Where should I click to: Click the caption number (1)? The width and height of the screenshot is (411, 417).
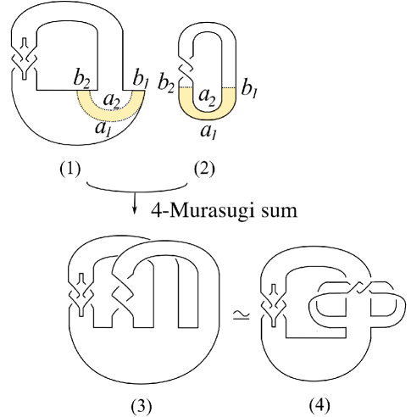click(69, 169)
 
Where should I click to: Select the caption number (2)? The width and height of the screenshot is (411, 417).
click(204, 169)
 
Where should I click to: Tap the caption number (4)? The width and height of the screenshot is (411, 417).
click(319, 403)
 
